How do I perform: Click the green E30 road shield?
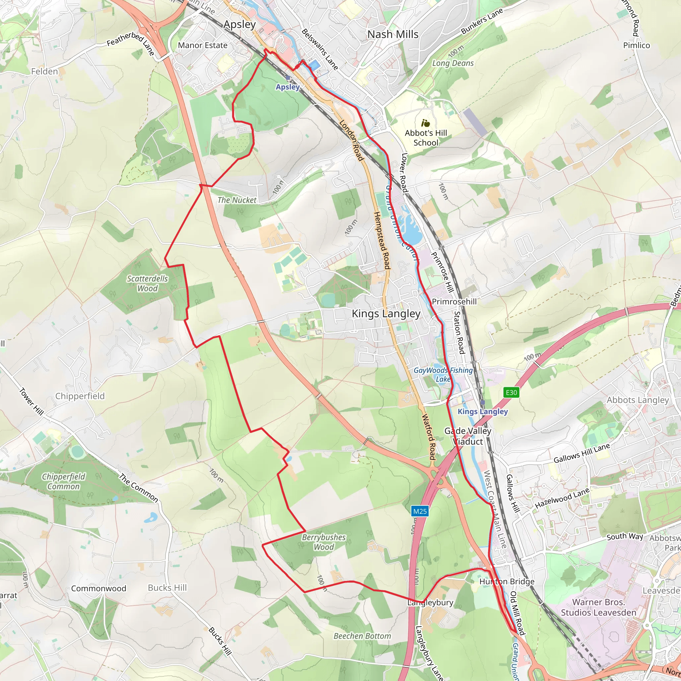click(x=511, y=392)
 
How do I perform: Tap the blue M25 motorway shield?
click(x=420, y=511)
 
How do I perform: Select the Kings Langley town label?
click(x=386, y=314)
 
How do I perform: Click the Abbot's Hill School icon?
click(x=425, y=123)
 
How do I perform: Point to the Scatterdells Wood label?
click(x=147, y=283)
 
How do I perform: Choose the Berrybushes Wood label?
click(x=324, y=542)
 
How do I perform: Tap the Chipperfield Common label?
click(x=64, y=481)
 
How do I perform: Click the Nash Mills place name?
click(x=393, y=34)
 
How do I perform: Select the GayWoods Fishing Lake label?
click(x=443, y=374)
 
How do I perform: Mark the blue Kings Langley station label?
click(x=482, y=411)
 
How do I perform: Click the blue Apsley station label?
click(x=288, y=87)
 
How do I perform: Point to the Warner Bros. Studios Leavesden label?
click(x=598, y=607)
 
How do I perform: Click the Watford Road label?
click(x=429, y=437)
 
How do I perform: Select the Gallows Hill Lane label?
click(x=581, y=453)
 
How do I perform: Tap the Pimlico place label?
click(x=636, y=45)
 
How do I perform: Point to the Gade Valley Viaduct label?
click(x=468, y=436)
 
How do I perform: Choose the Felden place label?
click(x=45, y=71)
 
